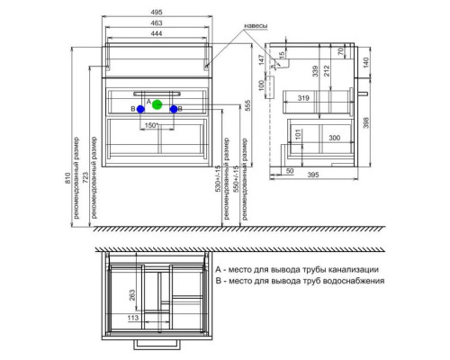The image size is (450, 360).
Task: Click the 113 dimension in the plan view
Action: point(132,319)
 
